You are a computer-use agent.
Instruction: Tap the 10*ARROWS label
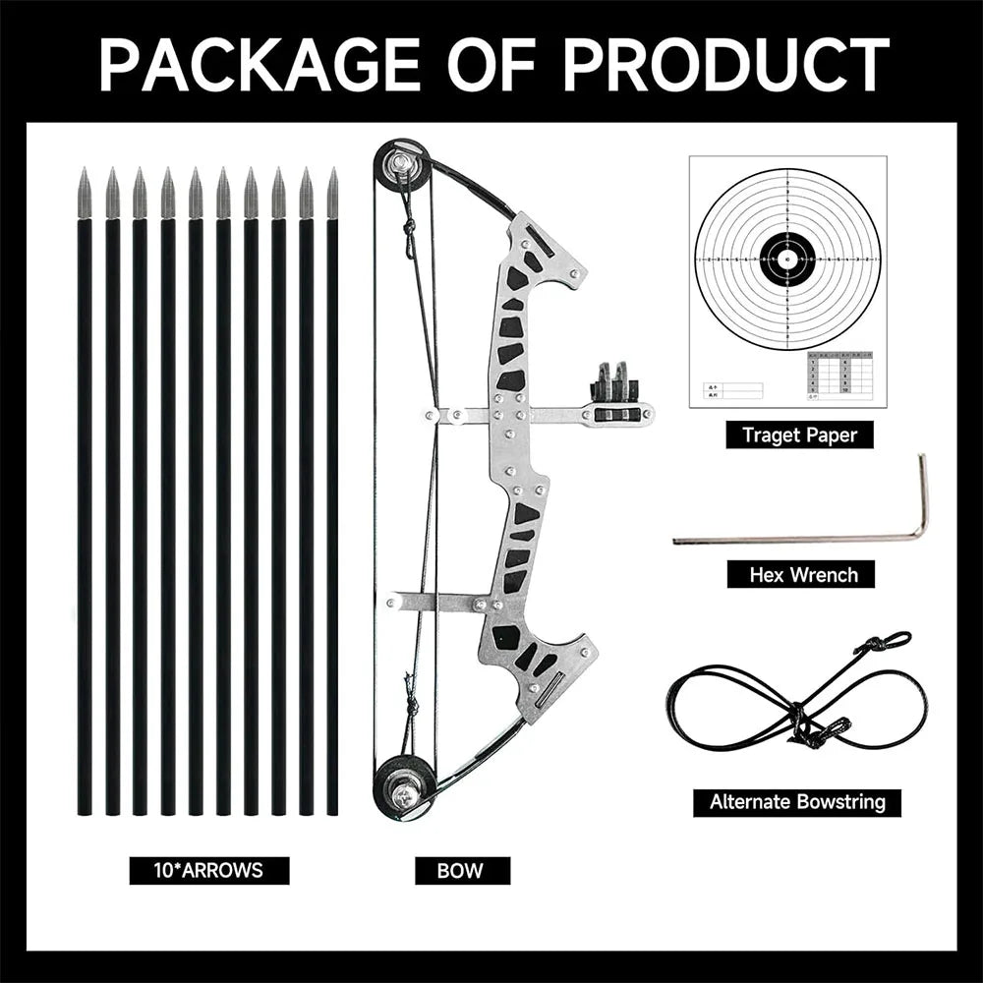209,870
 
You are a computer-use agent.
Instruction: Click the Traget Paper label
799,434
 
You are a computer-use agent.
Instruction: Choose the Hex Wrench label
800,574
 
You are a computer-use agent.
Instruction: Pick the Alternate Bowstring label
798,801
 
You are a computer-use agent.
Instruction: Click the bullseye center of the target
787,260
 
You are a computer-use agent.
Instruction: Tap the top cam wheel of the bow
402,165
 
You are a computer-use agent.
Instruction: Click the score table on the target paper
839,374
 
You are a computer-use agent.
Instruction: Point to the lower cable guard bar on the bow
433,602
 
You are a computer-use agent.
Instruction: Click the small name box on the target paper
733,390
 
